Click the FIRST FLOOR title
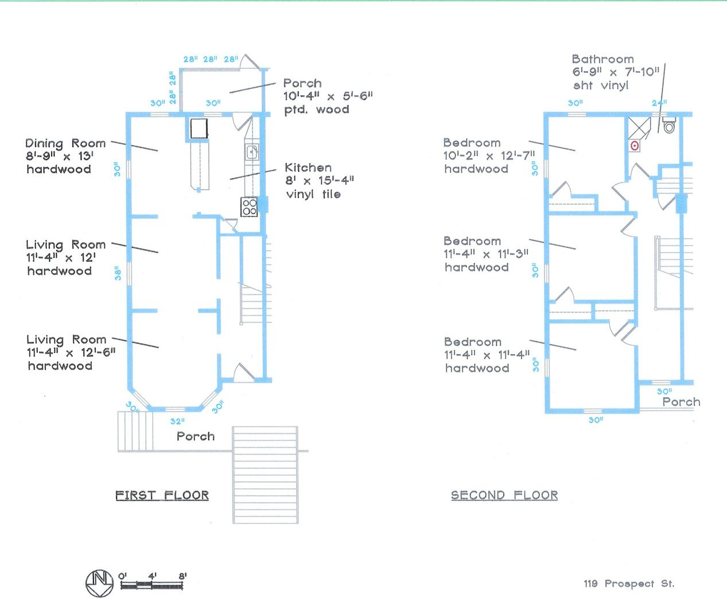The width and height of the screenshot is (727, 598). point(162,495)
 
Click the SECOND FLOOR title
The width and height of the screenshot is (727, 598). point(504,495)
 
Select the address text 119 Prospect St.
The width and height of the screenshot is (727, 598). point(629,584)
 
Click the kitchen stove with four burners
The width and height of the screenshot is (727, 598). point(249,207)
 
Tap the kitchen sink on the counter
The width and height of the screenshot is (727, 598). point(252,152)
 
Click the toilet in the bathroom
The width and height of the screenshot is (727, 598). point(669,126)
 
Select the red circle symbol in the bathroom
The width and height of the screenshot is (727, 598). point(635,146)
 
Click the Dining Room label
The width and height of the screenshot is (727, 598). point(65,143)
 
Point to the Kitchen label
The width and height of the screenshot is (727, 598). point(308,168)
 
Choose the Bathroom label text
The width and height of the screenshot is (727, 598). point(602,59)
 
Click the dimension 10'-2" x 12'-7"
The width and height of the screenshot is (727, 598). point(489,156)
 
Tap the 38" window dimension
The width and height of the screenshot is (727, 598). point(118,273)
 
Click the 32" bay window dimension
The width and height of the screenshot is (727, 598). point(177,421)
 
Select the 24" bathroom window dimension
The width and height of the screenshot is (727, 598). point(659,103)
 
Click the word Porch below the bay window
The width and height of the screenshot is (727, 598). point(196,436)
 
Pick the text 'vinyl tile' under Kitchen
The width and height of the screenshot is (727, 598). point(313,194)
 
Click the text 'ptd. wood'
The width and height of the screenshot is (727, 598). point(316,109)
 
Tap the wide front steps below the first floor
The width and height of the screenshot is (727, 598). point(265,475)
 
